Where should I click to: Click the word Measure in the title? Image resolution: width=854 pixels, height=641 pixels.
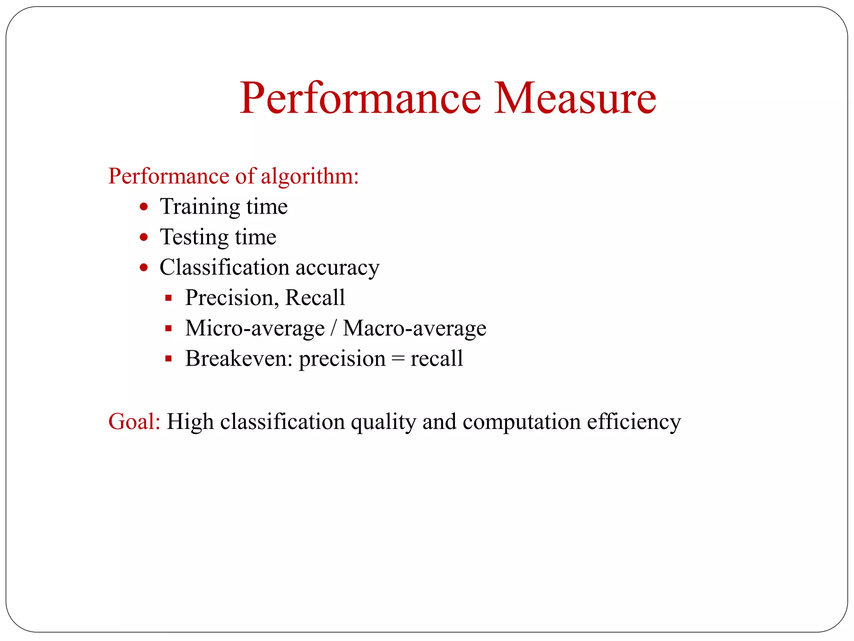[575, 98]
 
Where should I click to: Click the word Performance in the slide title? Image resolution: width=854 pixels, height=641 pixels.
[360, 98]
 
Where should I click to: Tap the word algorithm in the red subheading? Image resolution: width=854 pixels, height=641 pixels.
[310, 176]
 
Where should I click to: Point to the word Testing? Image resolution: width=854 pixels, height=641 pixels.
[194, 237]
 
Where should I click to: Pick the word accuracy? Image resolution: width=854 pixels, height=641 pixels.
[337, 268]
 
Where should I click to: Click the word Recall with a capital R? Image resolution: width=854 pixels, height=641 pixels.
[315, 298]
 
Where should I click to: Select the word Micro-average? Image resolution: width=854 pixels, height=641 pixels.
[255, 328]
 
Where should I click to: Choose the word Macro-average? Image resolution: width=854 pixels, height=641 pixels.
[414, 328]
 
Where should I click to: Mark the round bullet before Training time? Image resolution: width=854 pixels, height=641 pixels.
[144, 207]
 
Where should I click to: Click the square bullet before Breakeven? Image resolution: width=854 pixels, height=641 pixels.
[168, 358]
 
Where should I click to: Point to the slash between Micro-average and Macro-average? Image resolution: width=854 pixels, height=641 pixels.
[333, 328]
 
